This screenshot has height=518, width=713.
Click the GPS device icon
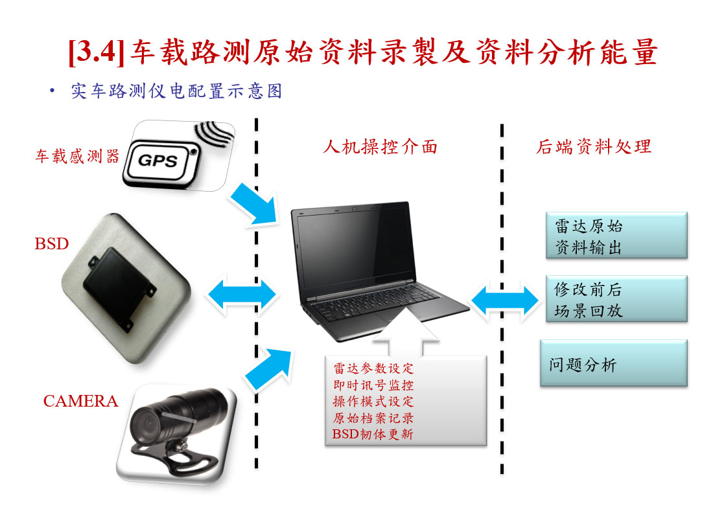[x=178, y=155]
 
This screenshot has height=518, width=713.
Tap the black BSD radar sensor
[x=119, y=288]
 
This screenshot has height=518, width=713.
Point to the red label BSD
[x=52, y=244]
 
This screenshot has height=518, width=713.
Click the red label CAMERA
[x=80, y=401]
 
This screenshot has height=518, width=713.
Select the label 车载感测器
[x=77, y=156]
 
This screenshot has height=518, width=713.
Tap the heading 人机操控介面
[x=380, y=147]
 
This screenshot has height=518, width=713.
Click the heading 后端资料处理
[x=594, y=147]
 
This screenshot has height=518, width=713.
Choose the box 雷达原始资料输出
[x=616, y=236]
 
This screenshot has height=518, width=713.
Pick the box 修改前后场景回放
[x=616, y=299]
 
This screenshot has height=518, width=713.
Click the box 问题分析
[x=614, y=363]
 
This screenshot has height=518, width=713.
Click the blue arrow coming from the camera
[x=269, y=368]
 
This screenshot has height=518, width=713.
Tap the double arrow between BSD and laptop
[x=242, y=295]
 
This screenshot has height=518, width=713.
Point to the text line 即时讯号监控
[x=373, y=385]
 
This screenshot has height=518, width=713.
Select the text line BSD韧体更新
[x=373, y=434]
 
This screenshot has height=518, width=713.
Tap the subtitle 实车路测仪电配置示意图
[x=176, y=91]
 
